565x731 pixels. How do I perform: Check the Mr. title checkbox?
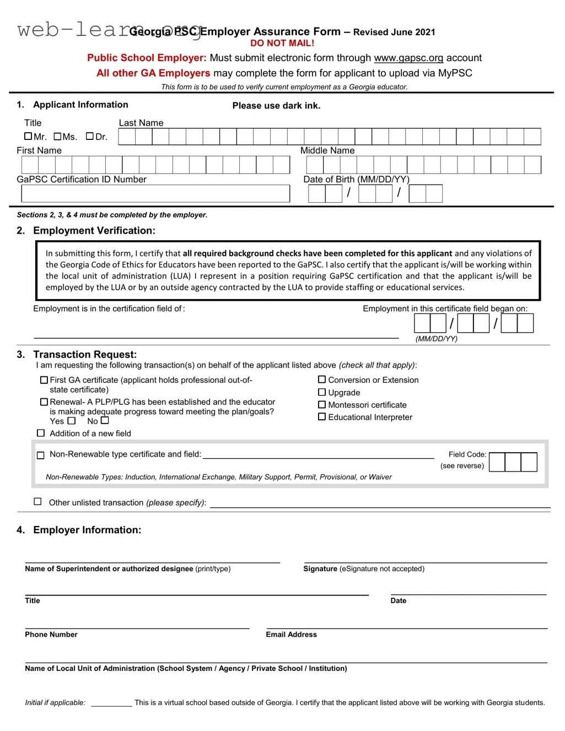28,136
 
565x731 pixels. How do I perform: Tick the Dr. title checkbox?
90,136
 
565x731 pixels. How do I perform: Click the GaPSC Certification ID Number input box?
155,193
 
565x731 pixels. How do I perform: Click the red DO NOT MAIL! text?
282,43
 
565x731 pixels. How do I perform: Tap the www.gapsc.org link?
408,58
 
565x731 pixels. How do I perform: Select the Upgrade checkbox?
322,392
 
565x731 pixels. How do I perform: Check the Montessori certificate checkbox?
322,405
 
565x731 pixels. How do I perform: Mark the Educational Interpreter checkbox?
322,417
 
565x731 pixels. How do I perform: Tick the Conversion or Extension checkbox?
322,380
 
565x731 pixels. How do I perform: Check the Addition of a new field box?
41,433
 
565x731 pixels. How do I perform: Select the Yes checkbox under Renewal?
72,421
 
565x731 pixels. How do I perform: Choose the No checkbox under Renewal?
105,420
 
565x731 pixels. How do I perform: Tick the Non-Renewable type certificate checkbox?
40,455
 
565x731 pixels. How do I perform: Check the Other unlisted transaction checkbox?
37,501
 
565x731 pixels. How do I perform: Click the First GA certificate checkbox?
44,380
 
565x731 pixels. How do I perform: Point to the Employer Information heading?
87,530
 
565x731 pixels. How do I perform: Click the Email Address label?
291,635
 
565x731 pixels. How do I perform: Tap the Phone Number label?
51,635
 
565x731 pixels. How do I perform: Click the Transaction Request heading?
85,355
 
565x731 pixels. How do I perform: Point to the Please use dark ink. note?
276,106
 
